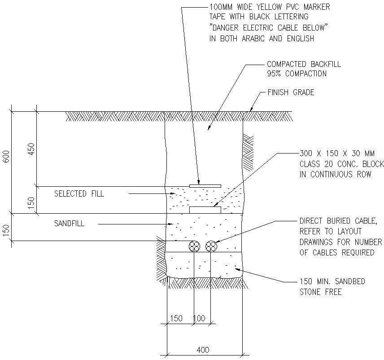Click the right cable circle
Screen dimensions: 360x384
tap(211, 246)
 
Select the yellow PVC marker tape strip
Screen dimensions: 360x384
tap(205, 185)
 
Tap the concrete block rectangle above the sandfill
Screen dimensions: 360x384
tap(205, 210)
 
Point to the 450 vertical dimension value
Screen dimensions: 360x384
tap(31, 149)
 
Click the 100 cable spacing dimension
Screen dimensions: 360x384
tap(199, 318)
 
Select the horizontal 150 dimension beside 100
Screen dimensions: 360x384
tap(176, 318)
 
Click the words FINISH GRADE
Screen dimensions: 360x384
tap(291, 93)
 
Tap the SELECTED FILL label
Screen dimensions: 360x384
tap(79, 194)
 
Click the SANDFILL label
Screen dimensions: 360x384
tap(69, 223)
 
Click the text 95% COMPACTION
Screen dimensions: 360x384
tap(297, 73)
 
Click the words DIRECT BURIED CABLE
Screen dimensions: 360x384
tap(338, 221)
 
